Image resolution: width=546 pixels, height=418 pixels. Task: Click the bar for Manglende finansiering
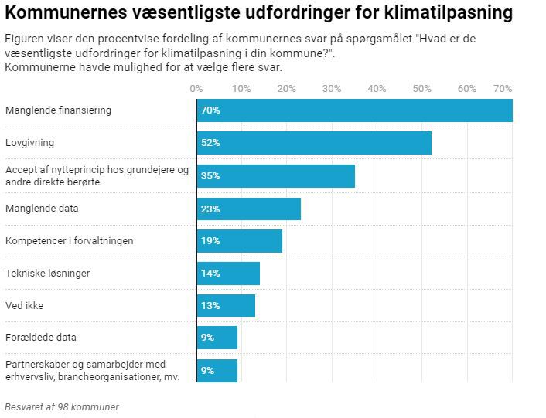point(354,110)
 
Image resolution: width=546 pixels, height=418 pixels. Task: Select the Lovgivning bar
point(314,143)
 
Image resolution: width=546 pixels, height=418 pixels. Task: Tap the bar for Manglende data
point(248,209)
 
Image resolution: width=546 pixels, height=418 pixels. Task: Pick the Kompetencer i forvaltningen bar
point(239,241)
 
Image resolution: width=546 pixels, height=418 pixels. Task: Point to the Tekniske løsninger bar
point(228,274)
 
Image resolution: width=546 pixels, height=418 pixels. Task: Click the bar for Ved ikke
point(226,306)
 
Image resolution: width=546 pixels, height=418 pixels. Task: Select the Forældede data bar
point(217,338)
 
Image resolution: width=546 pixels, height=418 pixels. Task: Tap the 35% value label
point(210,176)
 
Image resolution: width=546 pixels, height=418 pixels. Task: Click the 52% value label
point(210,143)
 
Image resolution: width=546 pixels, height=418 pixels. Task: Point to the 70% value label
point(210,110)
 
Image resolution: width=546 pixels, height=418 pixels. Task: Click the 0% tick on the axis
point(196,89)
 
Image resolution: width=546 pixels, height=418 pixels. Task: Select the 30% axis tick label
point(332,89)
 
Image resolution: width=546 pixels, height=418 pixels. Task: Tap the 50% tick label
point(422,89)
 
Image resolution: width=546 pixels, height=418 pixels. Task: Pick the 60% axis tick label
point(467,89)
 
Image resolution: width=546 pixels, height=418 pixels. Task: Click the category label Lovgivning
point(29,143)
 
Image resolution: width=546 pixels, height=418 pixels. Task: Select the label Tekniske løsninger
point(47,274)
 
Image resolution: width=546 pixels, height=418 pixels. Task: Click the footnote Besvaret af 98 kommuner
point(62,406)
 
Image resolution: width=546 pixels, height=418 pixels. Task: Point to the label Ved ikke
point(24,306)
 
